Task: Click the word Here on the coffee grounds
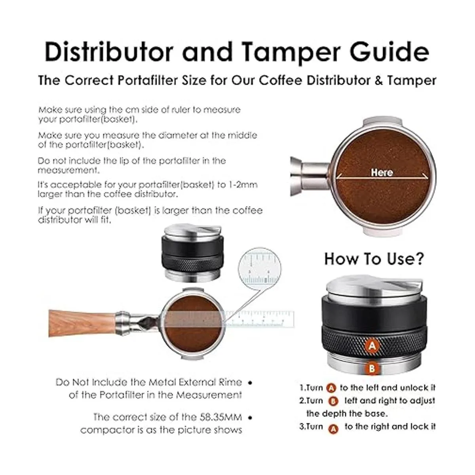tap(382, 172)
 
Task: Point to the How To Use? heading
tap(374, 259)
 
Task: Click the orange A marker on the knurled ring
tap(372, 346)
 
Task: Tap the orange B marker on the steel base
tap(372, 369)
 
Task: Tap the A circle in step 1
tap(331, 388)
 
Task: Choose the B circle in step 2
tap(333, 401)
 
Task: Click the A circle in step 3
tap(333, 429)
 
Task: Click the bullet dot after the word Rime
tap(250, 383)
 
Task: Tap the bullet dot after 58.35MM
tap(250, 418)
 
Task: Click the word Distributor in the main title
tap(108, 52)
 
